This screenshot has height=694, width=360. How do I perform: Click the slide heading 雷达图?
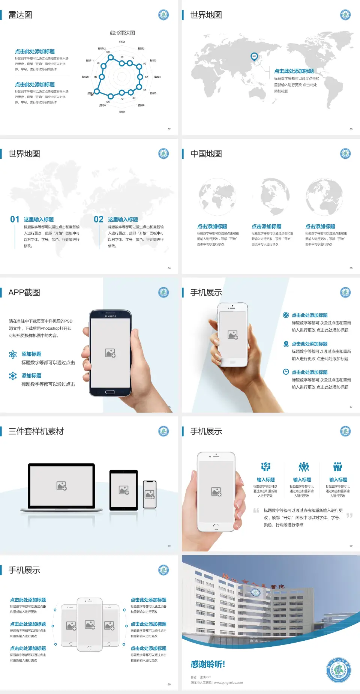tap(20, 15)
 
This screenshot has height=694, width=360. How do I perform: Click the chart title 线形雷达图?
tap(122, 33)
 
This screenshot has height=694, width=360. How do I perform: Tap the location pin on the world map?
tap(254, 56)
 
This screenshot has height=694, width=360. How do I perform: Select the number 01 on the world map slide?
tap(15, 219)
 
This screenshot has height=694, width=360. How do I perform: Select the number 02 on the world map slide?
tap(99, 219)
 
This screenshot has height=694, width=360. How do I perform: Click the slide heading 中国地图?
tap(206, 154)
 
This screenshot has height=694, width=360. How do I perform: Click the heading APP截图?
tap(24, 293)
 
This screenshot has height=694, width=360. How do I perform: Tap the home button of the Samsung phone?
tap(110, 392)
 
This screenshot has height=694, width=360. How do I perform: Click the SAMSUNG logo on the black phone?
tap(110, 316)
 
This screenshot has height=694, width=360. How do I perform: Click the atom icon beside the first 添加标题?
tap(13, 355)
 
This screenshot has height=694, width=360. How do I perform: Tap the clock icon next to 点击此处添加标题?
tap(286, 372)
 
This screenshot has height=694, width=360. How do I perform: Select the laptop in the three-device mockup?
tap(61, 487)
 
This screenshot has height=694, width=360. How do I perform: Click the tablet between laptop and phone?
tap(124, 490)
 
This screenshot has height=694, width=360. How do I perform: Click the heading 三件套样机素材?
tap(36, 431)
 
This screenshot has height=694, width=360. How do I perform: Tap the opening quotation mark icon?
tap(256, 511)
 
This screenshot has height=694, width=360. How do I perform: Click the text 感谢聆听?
tap(208, 664)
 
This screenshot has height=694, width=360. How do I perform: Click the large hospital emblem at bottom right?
tap(339, 670)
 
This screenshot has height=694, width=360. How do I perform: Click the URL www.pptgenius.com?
tap(228, 683)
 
